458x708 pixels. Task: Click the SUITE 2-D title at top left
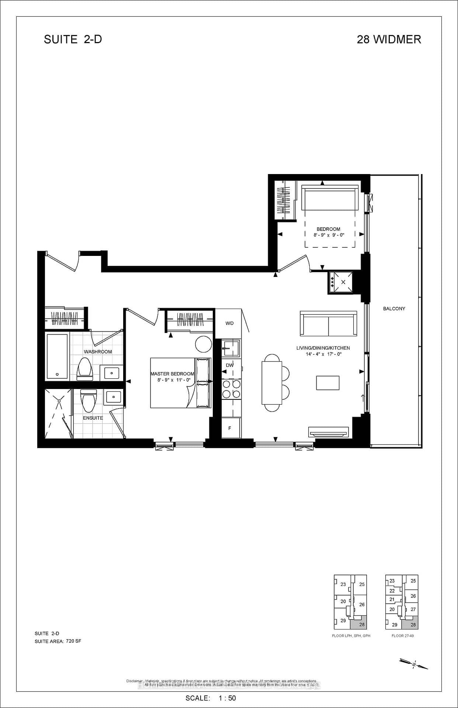(73, 39)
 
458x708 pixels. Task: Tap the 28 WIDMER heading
(389, 39)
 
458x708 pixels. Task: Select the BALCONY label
(394, 309)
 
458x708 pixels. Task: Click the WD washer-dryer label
(229, 323)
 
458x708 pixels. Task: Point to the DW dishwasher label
(230, 365)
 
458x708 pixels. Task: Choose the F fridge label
(230, 428)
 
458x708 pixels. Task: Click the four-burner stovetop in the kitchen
(231, 389)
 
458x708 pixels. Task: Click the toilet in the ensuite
(88, 401)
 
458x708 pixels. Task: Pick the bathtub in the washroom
(57, 356)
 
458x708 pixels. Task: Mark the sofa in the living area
(328, 323)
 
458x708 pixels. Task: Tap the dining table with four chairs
(272, 383)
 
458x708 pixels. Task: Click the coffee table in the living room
(327, 383)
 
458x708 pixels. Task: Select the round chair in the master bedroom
(203, 344)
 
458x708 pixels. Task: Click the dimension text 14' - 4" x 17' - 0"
(323, 354)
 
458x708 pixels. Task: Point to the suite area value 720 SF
(73, 641)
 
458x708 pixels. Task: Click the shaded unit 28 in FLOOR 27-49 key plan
(413, 625)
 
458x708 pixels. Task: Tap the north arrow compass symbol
(414, 664)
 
